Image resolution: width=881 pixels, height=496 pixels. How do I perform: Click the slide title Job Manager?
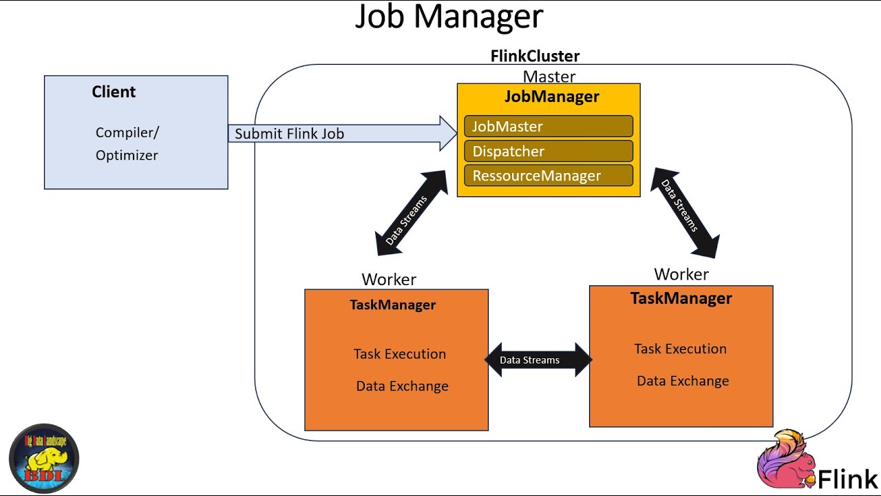click(449, 17)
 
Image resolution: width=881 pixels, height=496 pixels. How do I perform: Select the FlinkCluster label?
click(535, 56)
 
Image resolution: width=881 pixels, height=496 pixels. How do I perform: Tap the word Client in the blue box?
click(114, 92)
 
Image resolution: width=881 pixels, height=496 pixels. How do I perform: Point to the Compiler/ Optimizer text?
click(127, 143)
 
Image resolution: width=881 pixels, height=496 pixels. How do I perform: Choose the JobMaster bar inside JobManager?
click(549, 127)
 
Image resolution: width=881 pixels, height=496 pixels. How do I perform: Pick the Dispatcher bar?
click(549, 152)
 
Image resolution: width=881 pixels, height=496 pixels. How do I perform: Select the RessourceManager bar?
click(549, 176)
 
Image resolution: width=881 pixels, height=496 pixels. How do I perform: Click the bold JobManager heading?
click(551, 96)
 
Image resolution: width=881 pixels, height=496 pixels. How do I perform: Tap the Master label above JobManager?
click(549, 76)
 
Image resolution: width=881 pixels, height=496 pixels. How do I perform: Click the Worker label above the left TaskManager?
click(389, 279)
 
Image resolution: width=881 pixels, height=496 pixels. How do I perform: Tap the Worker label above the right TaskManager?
click(681, 274)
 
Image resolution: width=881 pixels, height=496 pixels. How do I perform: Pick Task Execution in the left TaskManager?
click(399, 354)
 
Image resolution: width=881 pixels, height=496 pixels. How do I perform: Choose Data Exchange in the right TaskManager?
click(682, 381)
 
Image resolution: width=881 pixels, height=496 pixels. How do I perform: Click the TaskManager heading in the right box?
click(681, 298)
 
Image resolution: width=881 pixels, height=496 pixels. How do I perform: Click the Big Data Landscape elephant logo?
click(44, 458)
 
